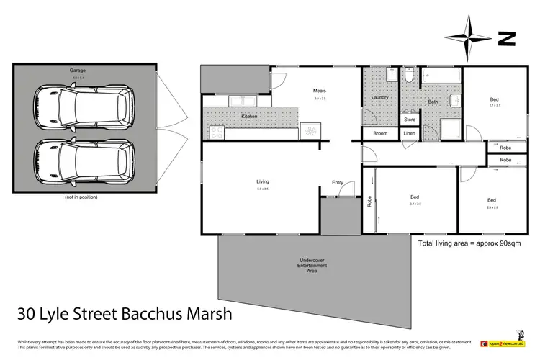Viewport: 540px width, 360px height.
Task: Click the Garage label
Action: point(77,71)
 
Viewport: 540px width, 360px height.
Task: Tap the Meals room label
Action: point(320,91)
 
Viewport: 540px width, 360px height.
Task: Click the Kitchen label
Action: point(249,116)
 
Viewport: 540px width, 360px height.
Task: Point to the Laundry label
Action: point(379,98)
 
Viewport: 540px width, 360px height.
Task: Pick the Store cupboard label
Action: point(410,120)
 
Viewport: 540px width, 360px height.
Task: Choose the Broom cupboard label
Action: point(379,134)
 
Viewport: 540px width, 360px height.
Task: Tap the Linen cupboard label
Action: point(410,134)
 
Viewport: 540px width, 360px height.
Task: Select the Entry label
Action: point(338,182)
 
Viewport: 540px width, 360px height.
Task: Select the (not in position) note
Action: point(81,197)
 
